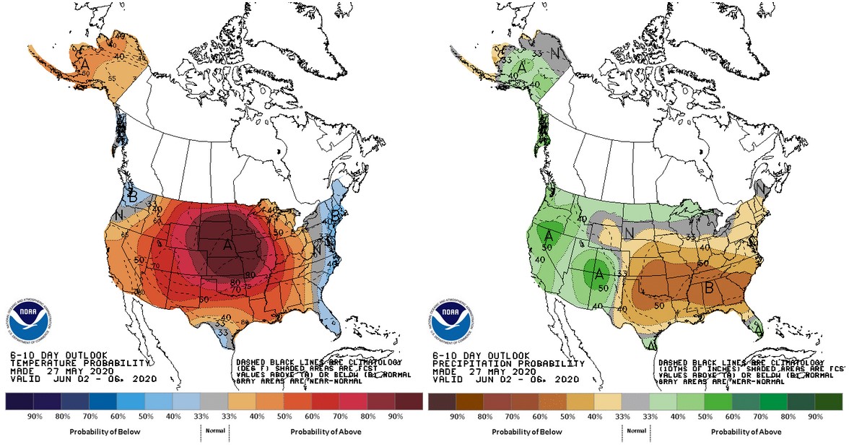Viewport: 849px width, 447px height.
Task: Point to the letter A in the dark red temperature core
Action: pos(229,246)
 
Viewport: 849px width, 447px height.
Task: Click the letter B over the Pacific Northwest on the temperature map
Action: pos(132,196)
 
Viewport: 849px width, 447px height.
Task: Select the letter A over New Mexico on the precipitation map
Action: pos(598,274)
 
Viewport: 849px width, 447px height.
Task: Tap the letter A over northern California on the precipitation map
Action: pos(549,235)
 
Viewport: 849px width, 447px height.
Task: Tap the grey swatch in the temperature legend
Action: pos(213,402)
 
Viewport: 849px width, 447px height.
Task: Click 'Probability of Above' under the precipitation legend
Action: pos(742,432)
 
